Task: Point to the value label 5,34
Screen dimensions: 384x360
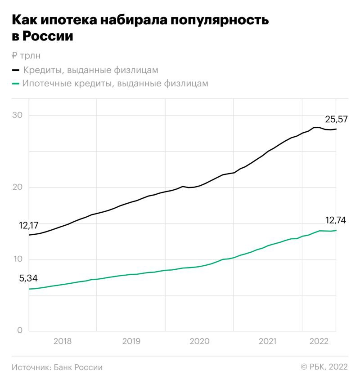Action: [x=28, y=279]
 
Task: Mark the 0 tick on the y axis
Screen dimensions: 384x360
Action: [x=19, y=330]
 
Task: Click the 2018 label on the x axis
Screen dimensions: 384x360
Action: [x=63, y=341]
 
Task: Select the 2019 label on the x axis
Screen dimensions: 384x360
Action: [x=131, y=341]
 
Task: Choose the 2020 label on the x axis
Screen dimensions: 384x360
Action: [x=199, y=341]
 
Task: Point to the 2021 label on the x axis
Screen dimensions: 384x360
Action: [x=268, y=341]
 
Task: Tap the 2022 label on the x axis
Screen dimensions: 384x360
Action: [x=319, y=341]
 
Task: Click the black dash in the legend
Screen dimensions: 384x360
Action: [x=16, y=71]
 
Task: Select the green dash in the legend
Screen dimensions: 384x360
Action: [x=16, y=84]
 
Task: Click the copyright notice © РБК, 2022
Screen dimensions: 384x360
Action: [x=324, y=367]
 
